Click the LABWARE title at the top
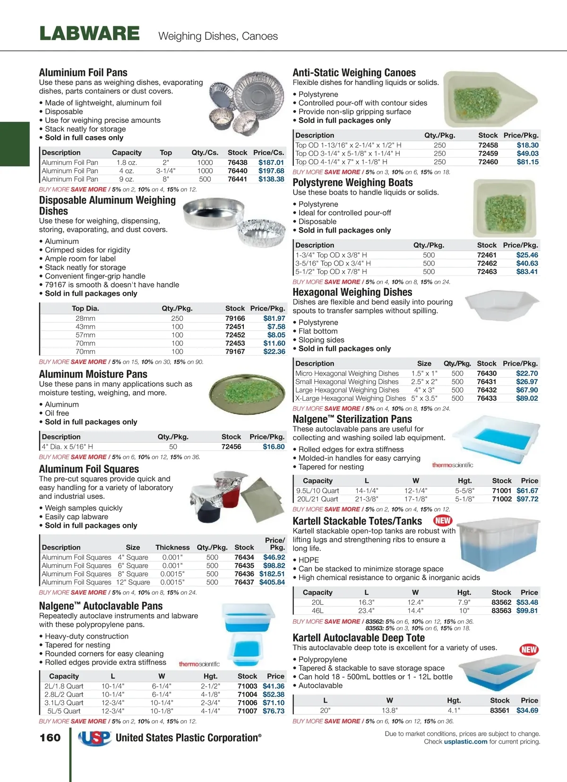[x=89, y=34]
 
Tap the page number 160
[x=50, y=738]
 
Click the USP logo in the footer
[x=94, y=738]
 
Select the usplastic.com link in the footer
[x=465, y=741]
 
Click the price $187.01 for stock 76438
[x=271, y=163]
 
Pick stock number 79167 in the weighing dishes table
[x=235, y=352]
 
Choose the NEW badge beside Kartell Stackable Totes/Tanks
[x=443, y=521]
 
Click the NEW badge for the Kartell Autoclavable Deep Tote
[x=529, y=649]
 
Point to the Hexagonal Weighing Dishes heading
[x=352, y=292]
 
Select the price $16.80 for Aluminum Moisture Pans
[x=274, y=447]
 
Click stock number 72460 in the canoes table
[x=488, y=162]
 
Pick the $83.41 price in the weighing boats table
[x=527, y=272]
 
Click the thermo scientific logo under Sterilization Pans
[x=452, y=465]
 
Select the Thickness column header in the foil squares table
[x=172, y=547]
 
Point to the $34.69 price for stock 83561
[x=527, y=710]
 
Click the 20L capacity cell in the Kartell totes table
[x=318, y=602]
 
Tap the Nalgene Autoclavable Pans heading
[x=101, y=606]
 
